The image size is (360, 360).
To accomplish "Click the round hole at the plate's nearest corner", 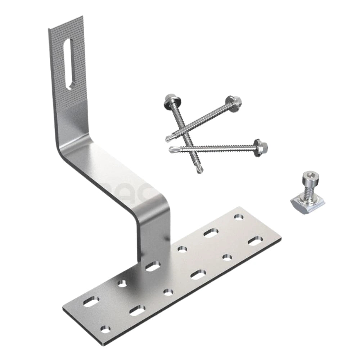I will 105,329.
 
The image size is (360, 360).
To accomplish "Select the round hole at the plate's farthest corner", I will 238,217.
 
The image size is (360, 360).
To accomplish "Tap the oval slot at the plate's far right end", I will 255,241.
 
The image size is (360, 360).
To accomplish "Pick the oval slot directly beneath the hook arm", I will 153,267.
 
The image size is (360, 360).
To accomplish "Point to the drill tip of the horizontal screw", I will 173,148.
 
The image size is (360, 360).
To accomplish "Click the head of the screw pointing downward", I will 169,100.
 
